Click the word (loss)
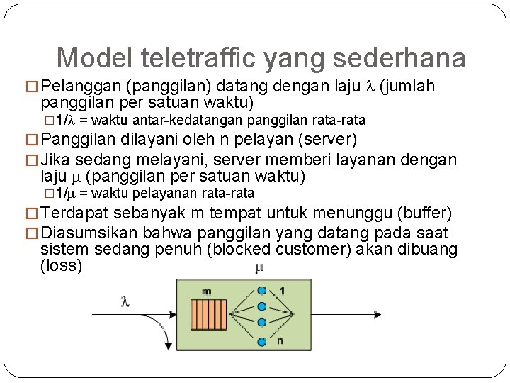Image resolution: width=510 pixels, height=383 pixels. (x=62, y=266)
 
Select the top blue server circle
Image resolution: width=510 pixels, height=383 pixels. (x=262, y=290)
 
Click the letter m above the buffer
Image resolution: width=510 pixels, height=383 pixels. (x=206, y=291)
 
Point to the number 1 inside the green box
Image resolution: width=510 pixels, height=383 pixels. (x=281, y=290)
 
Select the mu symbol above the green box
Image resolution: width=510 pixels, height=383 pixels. (x=259, y=268)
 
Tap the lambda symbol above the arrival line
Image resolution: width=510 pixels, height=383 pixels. (x=125, y=301)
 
